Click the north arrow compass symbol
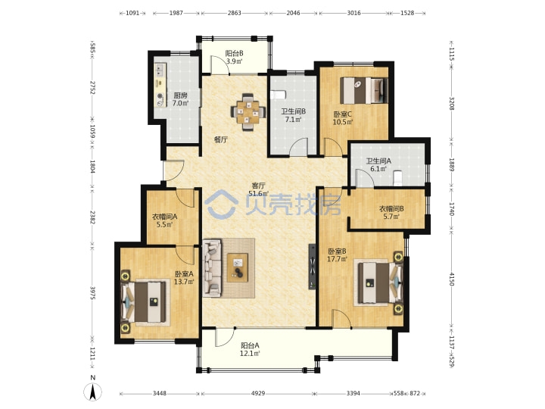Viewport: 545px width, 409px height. tap(93, 392)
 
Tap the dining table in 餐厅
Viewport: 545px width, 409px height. tap(248, 111)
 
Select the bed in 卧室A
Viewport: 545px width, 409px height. tap(145, 301)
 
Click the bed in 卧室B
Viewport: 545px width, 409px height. tap(378, 283)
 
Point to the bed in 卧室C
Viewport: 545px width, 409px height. tap(364, 90)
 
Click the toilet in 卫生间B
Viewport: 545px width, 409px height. tap(278, 95)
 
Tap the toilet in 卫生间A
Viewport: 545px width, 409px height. tap(398, 177)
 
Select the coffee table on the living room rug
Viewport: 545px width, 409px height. tap(238, 267)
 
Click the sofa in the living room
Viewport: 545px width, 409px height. tap(212, 267)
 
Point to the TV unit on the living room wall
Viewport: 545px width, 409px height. tap(313, 267)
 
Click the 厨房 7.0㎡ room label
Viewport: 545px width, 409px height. tap(180, 99)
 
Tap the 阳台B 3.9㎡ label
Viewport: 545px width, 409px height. tap(234, 58)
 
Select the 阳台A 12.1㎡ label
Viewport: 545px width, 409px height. tap(251, 349)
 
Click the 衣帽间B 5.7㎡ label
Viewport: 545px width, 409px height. tap(391, 213)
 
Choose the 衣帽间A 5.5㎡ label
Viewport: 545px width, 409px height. tap(165, 220)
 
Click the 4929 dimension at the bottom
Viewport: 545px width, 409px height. tap(258, 393)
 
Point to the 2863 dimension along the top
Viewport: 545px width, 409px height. tap(234, 13)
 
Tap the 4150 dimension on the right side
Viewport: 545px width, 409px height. tap(451, 279)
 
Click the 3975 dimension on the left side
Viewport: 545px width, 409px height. tap(93, 293)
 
